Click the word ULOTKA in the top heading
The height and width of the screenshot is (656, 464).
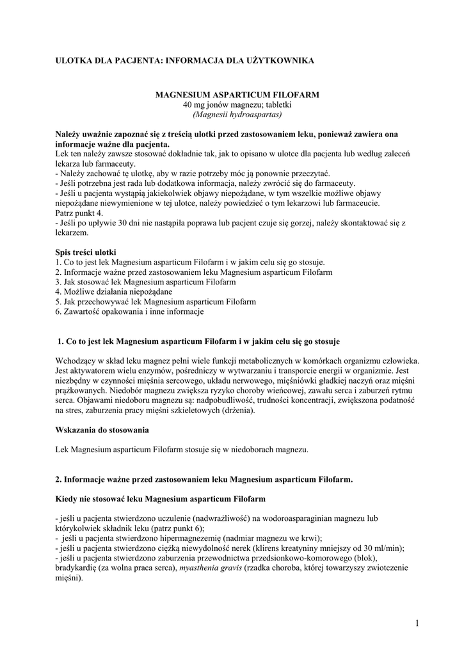coord(72,60)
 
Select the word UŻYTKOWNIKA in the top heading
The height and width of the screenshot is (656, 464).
coord(281,60)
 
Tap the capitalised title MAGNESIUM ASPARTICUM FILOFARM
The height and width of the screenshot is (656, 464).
coord(237,95)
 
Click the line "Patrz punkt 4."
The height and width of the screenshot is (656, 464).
coord(79,213)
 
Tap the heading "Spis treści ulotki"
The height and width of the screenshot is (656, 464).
coord(86,252)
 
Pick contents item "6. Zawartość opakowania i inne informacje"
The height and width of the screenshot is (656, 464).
coord(129,312)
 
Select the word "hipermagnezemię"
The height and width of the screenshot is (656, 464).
coord(190,538)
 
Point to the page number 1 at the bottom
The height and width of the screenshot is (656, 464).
coord(416,624)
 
